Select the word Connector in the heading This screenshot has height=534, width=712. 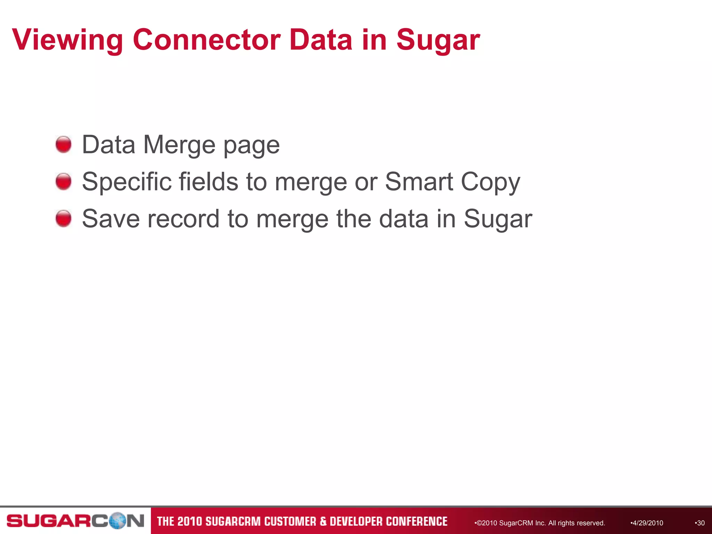pos(207,40)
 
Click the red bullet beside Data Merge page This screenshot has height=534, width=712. pos(64,144)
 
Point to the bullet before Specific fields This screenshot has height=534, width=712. pos(64,181)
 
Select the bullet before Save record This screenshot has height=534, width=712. pos(64,218)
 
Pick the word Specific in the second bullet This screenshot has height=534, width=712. pos(127,182)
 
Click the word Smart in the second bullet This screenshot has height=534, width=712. pos(419,181)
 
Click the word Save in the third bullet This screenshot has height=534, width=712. pos(111,219)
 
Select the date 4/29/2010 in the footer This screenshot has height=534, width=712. pos(647,523)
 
